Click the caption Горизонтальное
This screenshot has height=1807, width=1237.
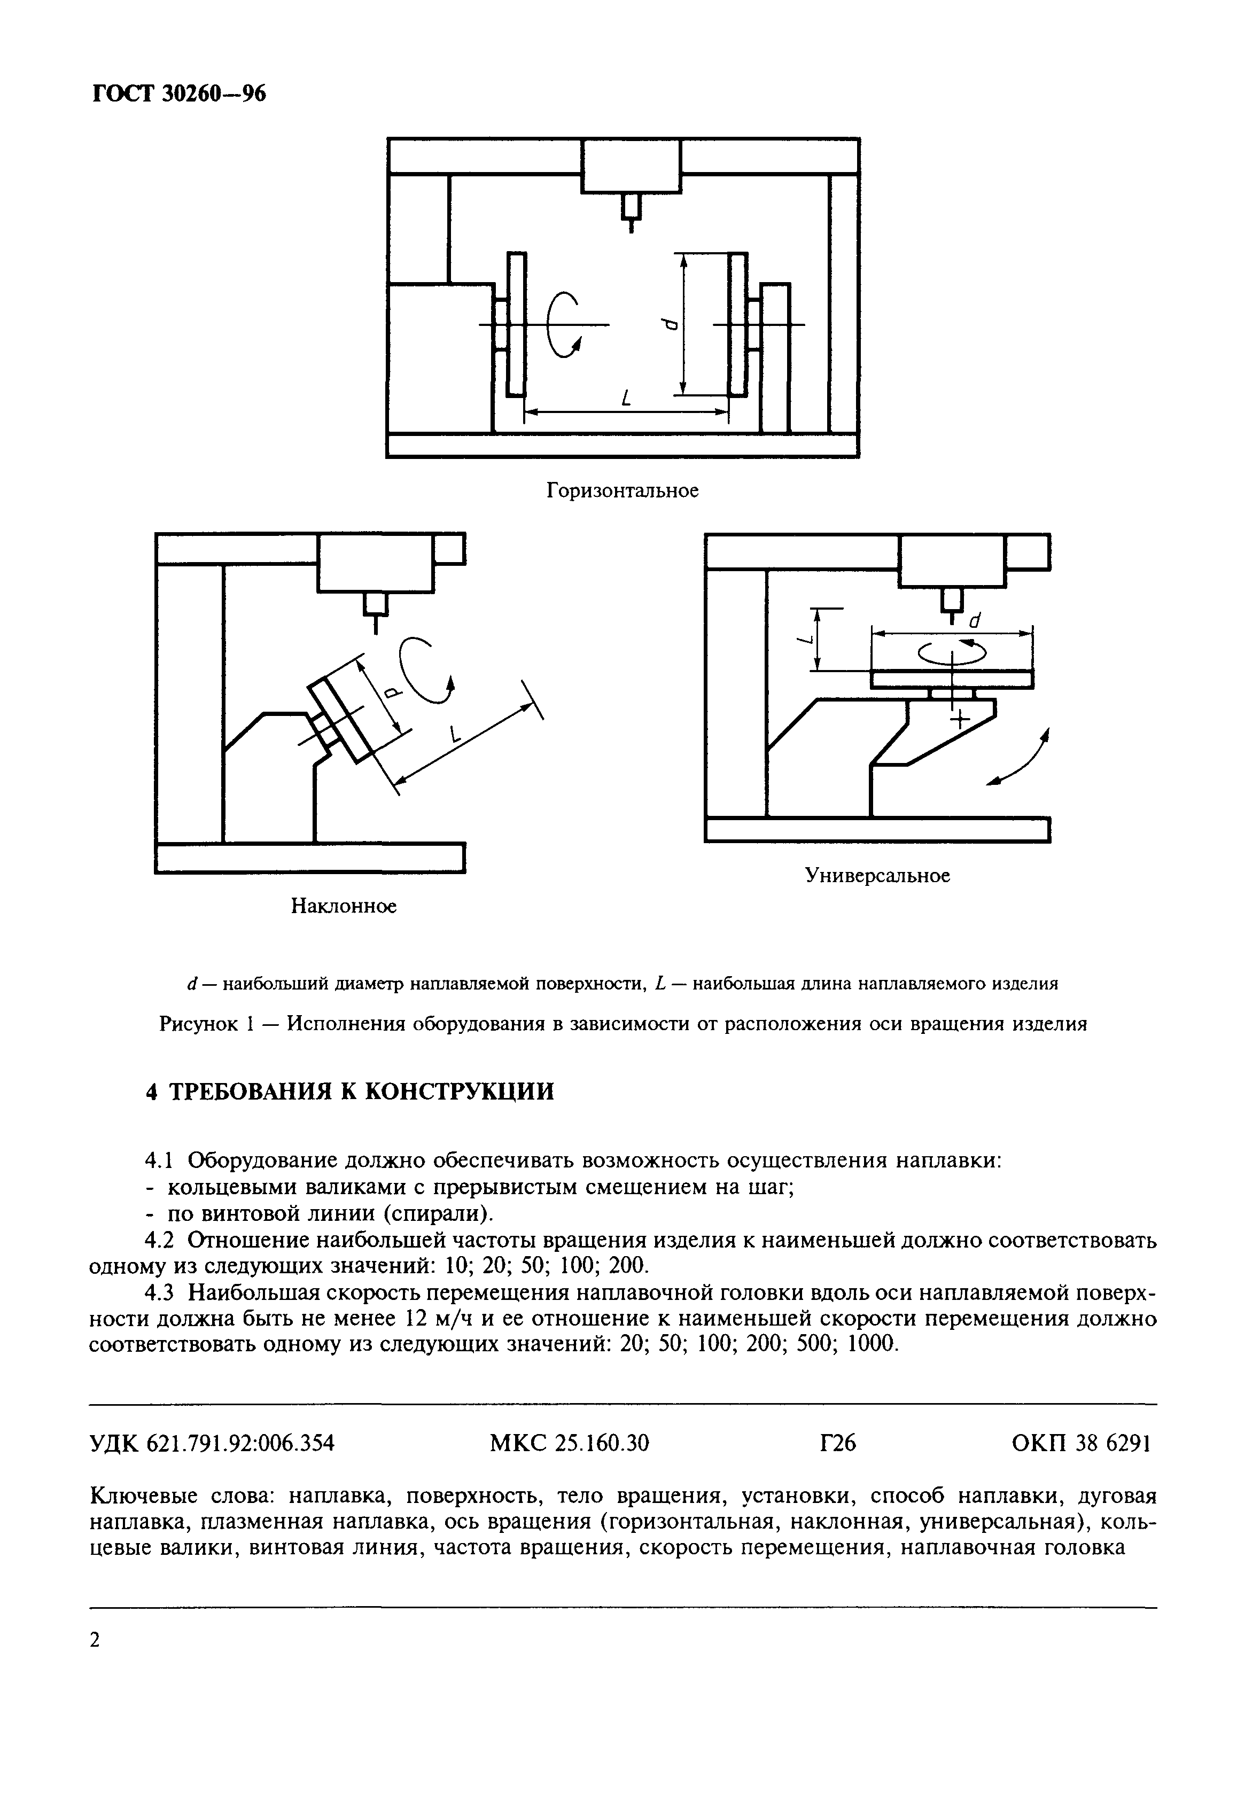pos(622,490)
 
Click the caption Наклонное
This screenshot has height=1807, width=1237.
pos(344,906)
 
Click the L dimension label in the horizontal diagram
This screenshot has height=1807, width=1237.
pos(624,400)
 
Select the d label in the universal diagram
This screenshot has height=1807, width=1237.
pos(974,621)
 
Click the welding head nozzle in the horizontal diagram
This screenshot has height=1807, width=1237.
pos(632,212)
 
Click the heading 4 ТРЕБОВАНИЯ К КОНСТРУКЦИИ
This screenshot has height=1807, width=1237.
pos(350,1092)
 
